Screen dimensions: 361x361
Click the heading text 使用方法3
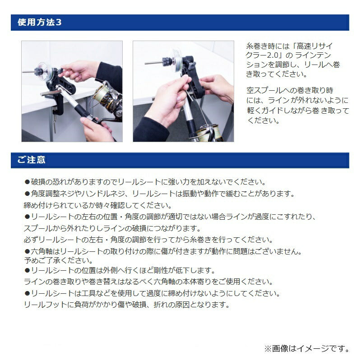(x=39, y=23)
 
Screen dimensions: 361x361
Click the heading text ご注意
(x=32, y=160)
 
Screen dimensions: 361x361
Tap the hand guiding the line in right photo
(x=217, y=90)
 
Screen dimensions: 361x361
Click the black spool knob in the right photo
(x=171, y=60)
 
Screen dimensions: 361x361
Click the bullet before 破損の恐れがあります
(x=27, y=182)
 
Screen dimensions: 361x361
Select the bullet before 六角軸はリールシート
(x=27, y=251)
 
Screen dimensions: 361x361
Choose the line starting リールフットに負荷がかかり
(x=127, y=305)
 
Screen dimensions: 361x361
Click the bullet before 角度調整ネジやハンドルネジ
(x=27, y=194)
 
